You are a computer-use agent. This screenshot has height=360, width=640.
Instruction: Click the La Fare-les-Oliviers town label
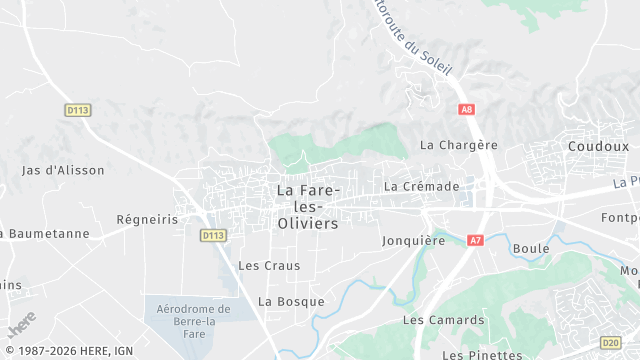(308, 207)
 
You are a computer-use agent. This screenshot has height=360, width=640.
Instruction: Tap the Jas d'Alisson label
(63, 170)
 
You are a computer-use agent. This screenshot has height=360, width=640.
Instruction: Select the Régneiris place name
(147, 219)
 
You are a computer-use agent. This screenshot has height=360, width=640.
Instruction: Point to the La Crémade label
(421, 186)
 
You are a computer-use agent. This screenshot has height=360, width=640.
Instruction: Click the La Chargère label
(458, 145)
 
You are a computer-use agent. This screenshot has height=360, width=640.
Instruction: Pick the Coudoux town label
(598, 145)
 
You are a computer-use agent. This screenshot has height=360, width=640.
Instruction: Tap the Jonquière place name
(413, 240)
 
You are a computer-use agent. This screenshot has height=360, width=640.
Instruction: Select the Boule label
(530, 248)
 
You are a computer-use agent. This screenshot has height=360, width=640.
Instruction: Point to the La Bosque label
(291, 301)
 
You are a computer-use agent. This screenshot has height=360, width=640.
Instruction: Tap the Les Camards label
(443, 320)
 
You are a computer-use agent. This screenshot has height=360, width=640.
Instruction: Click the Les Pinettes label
(482, 354)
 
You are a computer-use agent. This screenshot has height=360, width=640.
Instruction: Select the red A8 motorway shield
(466, 108)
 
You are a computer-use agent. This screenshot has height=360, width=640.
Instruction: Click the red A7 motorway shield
(475, 240)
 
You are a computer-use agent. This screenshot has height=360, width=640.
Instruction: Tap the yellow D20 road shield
(610, 342)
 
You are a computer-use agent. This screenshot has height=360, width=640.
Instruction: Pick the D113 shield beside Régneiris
(211, 235)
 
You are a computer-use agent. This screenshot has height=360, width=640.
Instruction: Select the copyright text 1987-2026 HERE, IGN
(67, 351)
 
